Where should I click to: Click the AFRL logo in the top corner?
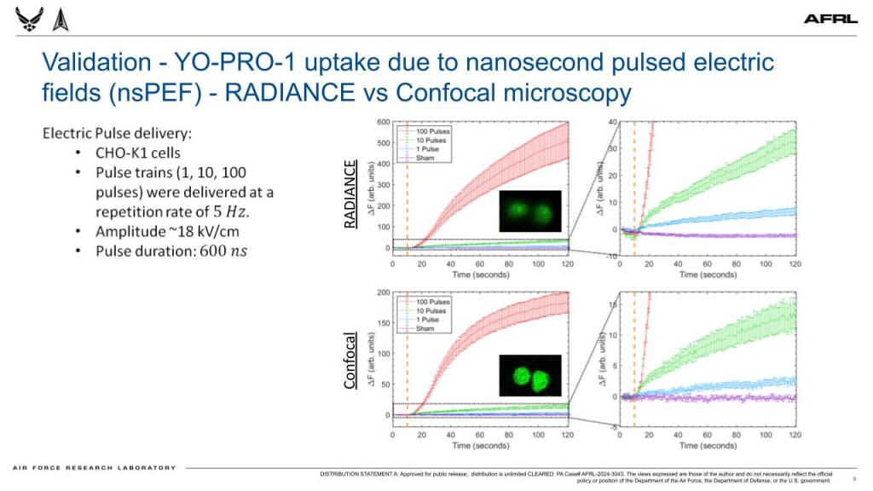click(831, 19)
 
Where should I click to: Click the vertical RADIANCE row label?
click(349, 194)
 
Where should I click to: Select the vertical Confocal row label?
click(349, 360)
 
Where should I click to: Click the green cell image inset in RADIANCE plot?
click(529, 211)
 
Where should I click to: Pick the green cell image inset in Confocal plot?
click(529, 375)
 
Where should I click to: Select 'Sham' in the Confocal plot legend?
click(426, 328)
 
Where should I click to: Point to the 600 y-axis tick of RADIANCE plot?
click(384, 122)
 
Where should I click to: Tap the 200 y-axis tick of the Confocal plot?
click(384, 292)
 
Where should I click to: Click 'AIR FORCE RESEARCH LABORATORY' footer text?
click(94, 467)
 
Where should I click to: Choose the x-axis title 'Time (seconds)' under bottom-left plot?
click(482, 446)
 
